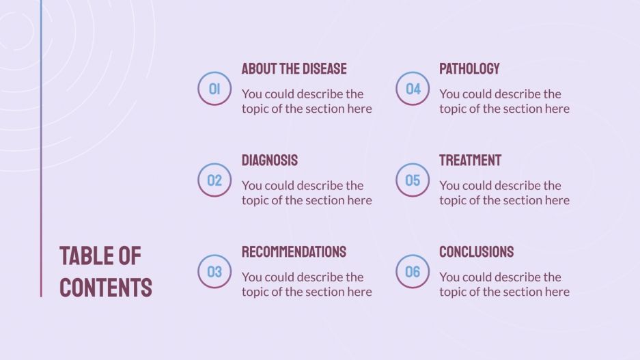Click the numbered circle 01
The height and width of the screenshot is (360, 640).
(x=214, y=89)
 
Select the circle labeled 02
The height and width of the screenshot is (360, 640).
(x=214, y=180)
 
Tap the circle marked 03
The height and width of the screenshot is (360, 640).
(x=214, y=272)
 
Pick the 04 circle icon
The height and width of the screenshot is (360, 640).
(x=413, y=89)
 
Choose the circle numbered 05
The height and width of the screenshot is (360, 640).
(x=413, y=180)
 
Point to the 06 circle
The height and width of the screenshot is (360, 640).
(x=413, y=272)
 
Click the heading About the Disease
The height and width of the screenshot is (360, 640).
(x=294, y=68)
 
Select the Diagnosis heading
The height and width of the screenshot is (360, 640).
(x=269, y=160)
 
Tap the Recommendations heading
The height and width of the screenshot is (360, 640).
(x=294, y=251)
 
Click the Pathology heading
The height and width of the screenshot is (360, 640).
(x=469, y=68)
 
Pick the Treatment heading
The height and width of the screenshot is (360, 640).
(x=470, y=160)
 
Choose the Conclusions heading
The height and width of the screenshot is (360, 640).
(x=476, y=251)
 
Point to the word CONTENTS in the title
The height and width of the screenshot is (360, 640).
(x=106, y=287)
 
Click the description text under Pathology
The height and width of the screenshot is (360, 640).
(x=504, y=101)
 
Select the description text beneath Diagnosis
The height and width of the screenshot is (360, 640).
(x=307, y=193)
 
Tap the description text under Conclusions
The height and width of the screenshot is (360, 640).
(x=504, y=284)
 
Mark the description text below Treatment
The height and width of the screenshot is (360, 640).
(x=504, y=193)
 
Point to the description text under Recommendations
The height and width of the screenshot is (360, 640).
(x=307, y=284)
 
